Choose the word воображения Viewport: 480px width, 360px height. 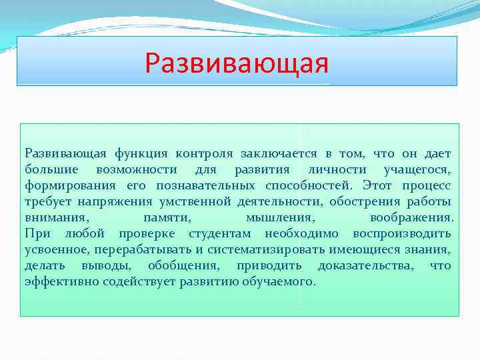[x=411, y=217]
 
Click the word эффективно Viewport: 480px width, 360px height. [x=53, y=281]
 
